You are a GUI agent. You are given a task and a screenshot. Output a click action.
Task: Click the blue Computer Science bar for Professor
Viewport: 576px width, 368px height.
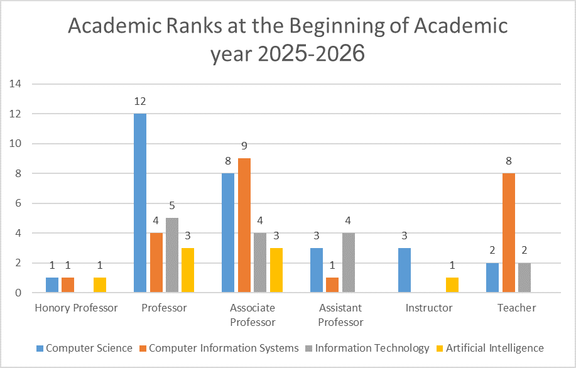pyautogui.click(x=139, y=203)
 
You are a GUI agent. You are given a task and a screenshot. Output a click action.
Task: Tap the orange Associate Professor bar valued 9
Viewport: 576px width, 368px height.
pyautogui.click(x=244, y=225)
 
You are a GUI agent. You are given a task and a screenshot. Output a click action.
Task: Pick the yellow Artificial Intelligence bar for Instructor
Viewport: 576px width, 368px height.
pyautogui.click(x=453, y=284)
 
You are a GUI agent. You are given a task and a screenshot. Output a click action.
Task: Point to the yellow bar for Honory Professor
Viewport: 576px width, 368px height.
pyautogui.click(x=100, y=284)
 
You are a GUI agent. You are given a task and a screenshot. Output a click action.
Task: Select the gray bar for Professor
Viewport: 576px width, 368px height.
pyautogui.click(x=171, y=255)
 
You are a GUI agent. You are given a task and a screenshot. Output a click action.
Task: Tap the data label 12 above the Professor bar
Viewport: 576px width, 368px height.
pyautogui.click(x=139, y=101)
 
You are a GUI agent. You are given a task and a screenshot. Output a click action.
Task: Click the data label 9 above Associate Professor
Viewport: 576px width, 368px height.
pyautogui.click(x=244, y=146)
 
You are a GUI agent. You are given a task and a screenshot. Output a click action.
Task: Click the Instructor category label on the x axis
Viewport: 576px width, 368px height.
pyautogui.click(x=429, y=308)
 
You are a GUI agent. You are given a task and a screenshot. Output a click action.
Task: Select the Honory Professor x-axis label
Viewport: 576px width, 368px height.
pyautogui.click(x=76, y=308)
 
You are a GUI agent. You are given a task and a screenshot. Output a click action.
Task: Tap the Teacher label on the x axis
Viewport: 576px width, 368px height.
pyautogui.click(x=516, y=308)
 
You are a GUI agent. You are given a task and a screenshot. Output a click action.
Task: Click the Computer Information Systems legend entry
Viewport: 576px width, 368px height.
pyautogui.click(x=223, y=348)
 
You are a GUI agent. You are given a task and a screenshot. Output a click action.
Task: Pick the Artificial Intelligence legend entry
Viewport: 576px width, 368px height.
pyautogui.click(x=494, y=348)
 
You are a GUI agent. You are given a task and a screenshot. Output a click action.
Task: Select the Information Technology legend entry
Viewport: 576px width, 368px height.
pyautogui.click(x=372, y=348)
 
